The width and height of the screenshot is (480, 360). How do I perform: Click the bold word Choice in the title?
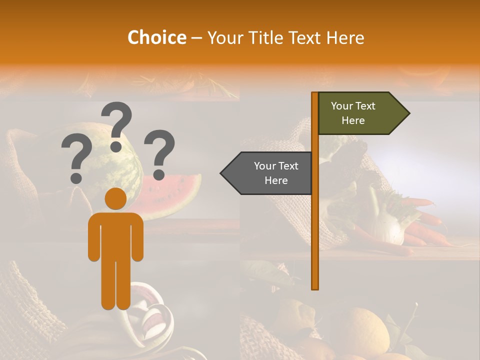(x=156, y=37)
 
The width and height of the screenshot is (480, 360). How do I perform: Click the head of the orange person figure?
(x=115, y=199)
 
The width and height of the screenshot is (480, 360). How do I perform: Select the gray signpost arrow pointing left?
(x=267, y=173)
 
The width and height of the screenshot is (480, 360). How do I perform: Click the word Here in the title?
(x=345, y=37)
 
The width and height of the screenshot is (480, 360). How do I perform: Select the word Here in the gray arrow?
(x=276, y=180)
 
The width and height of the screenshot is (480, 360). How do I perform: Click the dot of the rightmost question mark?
(x=159, y=174)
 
